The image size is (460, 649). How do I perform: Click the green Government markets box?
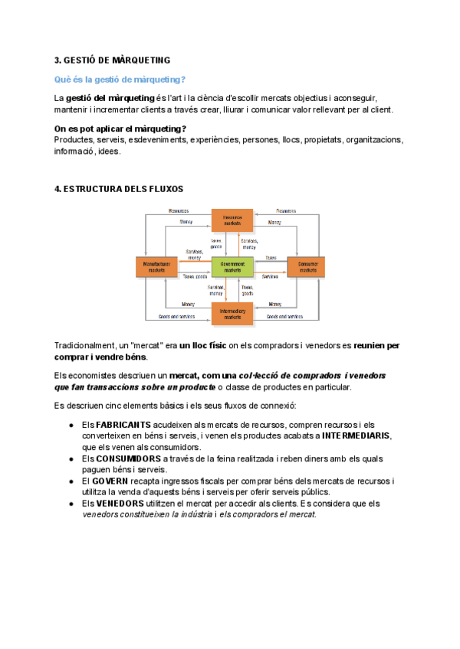232,266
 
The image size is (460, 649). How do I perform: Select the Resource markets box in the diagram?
232,219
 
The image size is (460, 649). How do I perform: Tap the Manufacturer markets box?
156,266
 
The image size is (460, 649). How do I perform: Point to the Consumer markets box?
307,266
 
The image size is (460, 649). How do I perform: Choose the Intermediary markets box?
232,313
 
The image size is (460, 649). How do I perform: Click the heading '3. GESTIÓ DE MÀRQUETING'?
113,60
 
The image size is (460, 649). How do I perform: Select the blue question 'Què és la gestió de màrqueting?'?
120,80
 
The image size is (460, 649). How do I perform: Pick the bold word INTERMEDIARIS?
356,435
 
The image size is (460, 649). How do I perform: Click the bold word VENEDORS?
120,504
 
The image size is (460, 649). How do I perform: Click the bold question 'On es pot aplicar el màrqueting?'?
121,129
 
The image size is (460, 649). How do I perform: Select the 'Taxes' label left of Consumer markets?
271,258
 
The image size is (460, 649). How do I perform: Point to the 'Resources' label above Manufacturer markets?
178,210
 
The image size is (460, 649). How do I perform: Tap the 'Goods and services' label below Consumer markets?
284,316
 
